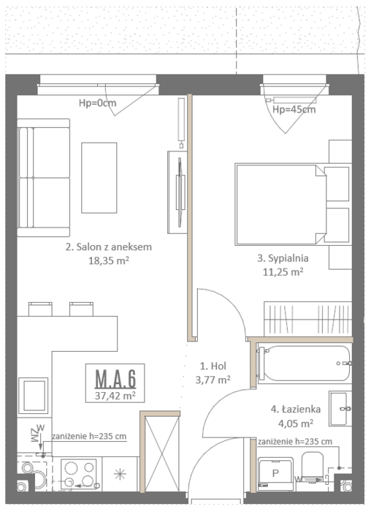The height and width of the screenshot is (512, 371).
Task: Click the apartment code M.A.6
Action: pos(115,379)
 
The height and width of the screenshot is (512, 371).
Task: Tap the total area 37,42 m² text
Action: pos(115,396)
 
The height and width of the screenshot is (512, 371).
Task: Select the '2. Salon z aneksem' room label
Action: pos(109,247)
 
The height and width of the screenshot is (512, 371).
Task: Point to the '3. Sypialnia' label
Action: pos(283,258)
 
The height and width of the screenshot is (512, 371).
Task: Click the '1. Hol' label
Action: pos(213,366)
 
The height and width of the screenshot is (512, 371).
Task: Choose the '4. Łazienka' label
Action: pos(296,409)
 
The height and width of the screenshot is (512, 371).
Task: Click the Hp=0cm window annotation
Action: pos(97,103)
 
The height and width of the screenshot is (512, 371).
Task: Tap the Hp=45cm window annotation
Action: pos(294,110)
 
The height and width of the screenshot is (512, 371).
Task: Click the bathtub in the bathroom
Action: pos(305,363)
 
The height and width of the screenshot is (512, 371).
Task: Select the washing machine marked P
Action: pos(275,474)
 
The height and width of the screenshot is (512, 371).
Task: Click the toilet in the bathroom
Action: pos(313,467)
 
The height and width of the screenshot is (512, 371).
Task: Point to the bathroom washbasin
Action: pos(340,408)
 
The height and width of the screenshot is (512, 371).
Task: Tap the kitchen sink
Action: pos(34,396)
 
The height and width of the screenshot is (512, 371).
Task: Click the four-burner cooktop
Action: pos(79,474)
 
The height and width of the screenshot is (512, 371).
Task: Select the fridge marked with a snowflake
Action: pos(120,474)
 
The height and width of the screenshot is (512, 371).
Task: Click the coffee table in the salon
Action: pos(99,178)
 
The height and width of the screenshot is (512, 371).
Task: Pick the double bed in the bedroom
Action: pos(292,204)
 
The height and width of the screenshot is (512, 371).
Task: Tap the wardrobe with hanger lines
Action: pos(307,319)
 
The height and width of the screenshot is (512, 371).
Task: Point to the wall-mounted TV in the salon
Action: pos(180,192)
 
